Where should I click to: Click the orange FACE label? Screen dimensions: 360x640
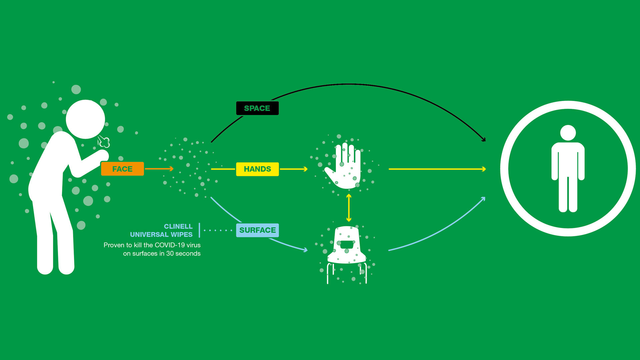pyautogui.click(x=122, y=169)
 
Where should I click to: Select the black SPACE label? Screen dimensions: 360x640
pyautogui.click(x=257, y=108)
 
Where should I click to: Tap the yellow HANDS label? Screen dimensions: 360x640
pyautogui.click(x=257, y=169)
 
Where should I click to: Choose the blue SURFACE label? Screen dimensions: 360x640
pyautogui.click(x=257, y=230)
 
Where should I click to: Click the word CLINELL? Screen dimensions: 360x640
pyautogui.click(x=178, y=226)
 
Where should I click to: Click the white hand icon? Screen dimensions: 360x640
pyautogui.click(x=345, y=167)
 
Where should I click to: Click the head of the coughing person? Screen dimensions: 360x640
pyautogui.click(x=85, y=119)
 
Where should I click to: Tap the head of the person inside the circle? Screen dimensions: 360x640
pyautogui.click(x=568, y=133)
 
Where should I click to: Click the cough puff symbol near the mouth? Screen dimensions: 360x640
pyautogui.click(x=104, y=142)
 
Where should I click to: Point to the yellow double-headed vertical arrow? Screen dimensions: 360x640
pyautogui.click(x=349, y=208)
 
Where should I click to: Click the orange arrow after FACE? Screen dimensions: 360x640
pyautogui.click(x=159, y=169)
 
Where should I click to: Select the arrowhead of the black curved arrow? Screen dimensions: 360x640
pyautogui.click(x=483, y=139)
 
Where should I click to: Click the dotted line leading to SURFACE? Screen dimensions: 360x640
pyautogui.click(x=218, y=230)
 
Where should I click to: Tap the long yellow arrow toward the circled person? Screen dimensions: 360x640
pyautogui.click(x=437, y=169)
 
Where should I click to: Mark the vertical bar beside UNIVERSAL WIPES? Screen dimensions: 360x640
pyautogui.click(x=199, y=230)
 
